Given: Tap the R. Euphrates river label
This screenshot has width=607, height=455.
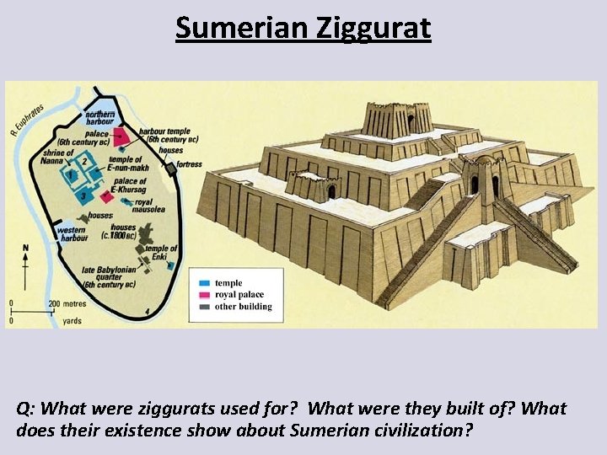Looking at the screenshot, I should (28, 120).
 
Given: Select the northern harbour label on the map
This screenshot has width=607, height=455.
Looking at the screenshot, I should (100, 117).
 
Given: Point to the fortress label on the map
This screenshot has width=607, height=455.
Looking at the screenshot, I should (190, 163).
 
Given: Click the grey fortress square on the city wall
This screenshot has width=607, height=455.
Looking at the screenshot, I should (171, 169).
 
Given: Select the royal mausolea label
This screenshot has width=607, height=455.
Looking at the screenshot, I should (155, 207).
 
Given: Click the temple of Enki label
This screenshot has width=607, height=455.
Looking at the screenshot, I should (161, 252).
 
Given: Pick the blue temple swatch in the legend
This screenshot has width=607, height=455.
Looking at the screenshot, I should (204, 283).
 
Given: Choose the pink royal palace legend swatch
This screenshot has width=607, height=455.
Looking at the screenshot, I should (204, 295).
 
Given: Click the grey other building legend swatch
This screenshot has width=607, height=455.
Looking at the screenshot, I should (204, 307).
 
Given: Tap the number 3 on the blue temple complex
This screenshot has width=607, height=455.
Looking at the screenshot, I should (83, 195).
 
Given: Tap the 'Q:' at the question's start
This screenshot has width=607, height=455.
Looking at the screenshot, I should (25, 409).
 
